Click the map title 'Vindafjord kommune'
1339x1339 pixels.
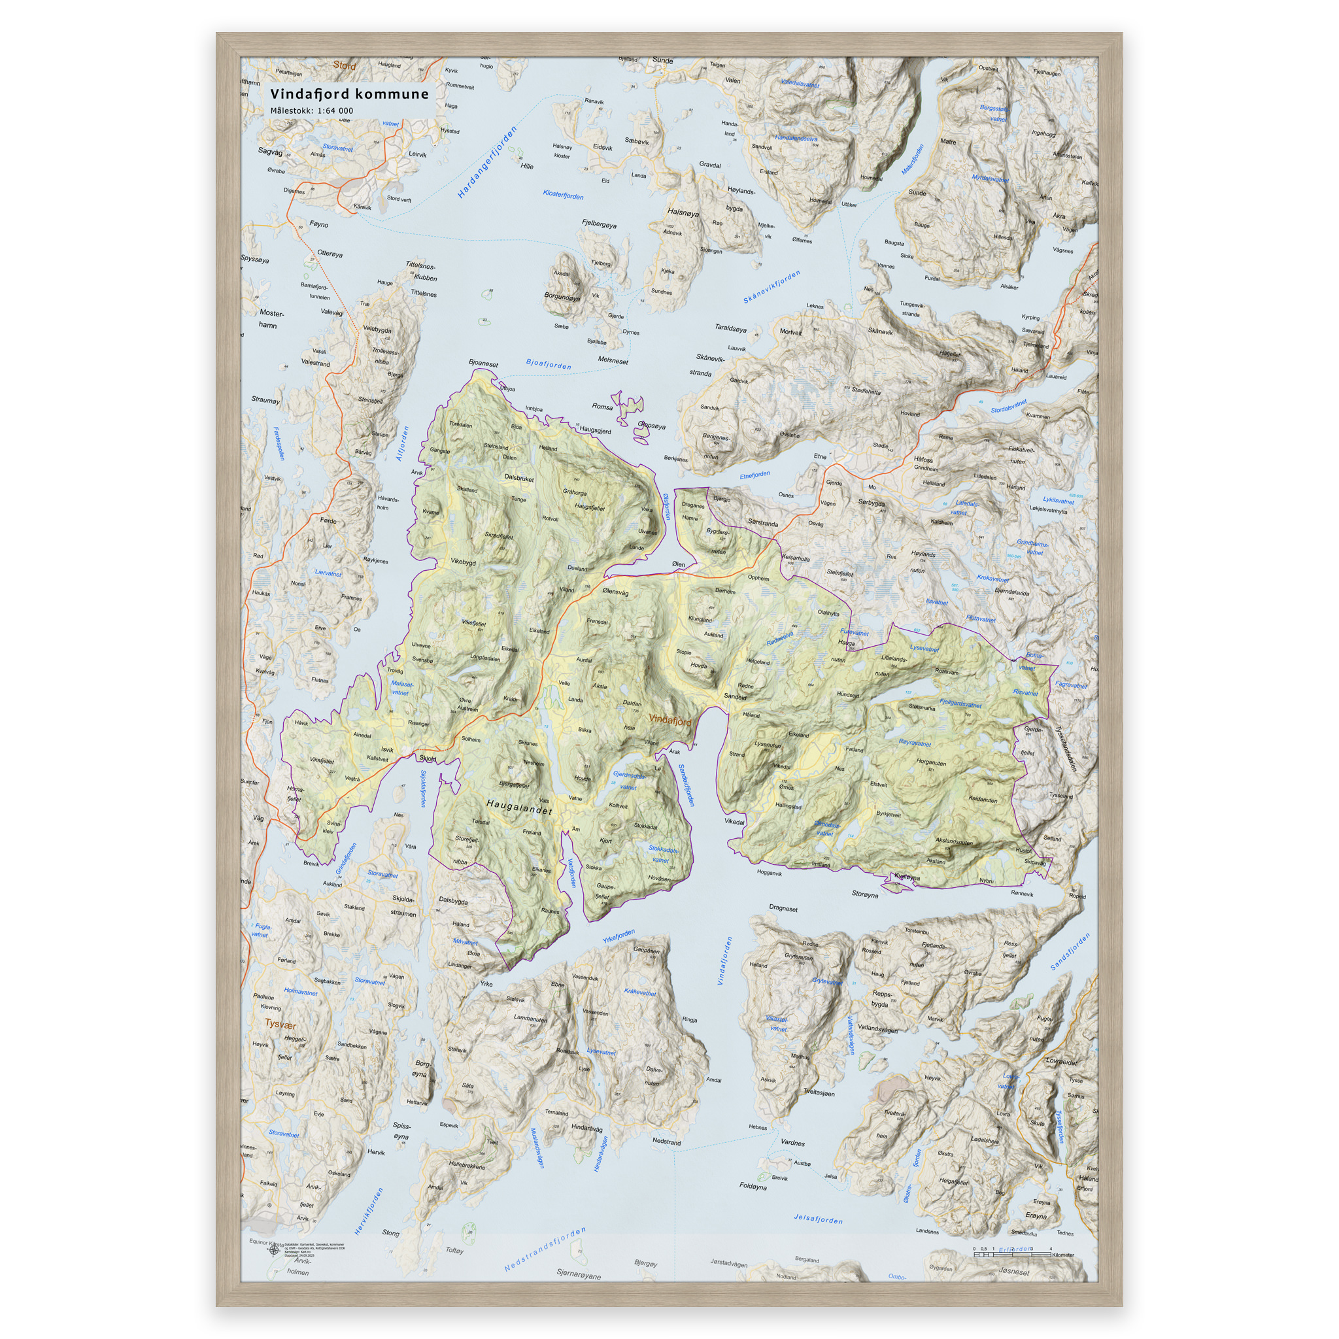(349, 94)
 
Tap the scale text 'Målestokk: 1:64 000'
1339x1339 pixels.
(311, 111)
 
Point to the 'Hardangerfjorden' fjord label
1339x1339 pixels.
(487, 162)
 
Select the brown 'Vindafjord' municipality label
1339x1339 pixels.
(669, 720)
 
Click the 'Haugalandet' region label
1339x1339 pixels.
(519, 806)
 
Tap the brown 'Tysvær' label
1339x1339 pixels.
(280, 1025)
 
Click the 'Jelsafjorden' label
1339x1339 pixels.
(818, 1219)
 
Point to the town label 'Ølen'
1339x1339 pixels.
(679, 564)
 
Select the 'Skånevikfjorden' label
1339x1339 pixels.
(771, 287)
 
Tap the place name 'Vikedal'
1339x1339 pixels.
(734, 822)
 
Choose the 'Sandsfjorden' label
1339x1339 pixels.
(1070, 951)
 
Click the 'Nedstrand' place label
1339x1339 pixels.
(666, 1141)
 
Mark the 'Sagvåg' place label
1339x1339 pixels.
(270, 151)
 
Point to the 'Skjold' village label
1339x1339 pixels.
(428, 758)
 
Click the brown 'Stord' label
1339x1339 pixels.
(345, 66)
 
